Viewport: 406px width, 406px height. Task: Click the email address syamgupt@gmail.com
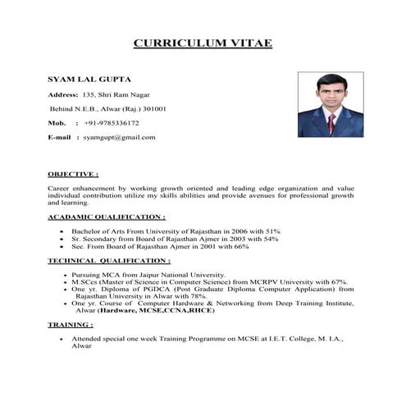(119, 137)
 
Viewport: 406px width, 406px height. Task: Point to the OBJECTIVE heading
(73, 175)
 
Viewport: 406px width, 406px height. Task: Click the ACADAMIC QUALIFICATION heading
(107, 217)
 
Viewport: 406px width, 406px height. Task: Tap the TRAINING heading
(71, 325)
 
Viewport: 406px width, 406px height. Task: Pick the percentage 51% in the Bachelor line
(273, 231)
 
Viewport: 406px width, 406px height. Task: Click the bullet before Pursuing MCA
(62, 274)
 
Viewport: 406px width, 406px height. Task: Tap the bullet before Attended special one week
(62, 339)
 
